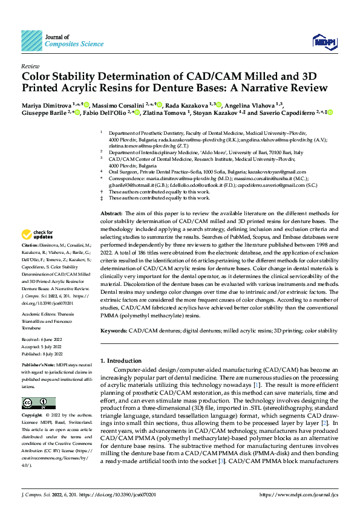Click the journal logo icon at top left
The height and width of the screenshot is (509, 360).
[31, 41]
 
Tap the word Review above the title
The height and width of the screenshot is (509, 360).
[30, 66]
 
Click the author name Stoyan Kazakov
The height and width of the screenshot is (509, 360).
[217, 112]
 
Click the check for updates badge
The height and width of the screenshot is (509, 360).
[38, 235]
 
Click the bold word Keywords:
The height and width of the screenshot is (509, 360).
[114, 331]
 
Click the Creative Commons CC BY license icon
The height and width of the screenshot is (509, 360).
[34, 403]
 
